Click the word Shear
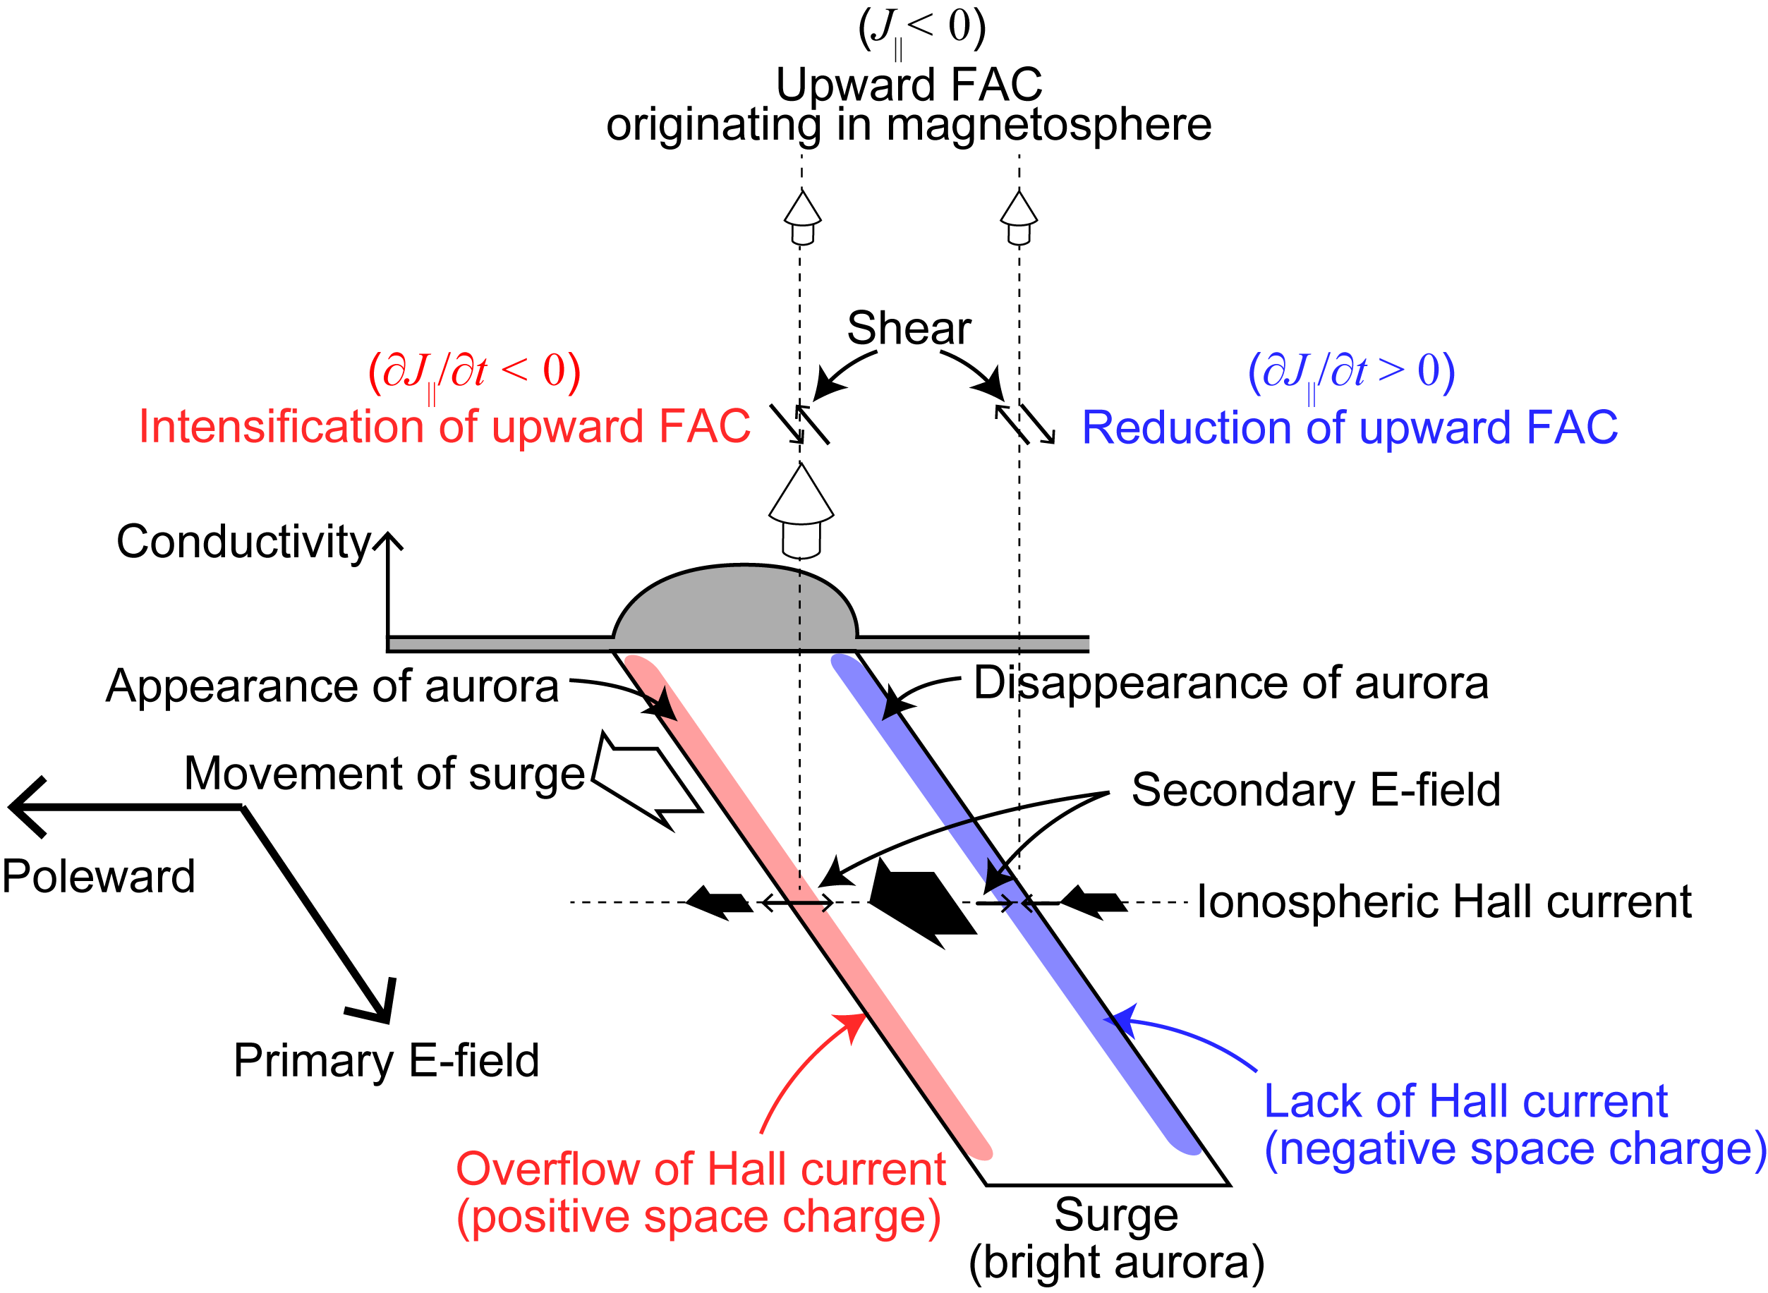[x=909, y=328]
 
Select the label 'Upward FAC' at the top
[x=909, y=84]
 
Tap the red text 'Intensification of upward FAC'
[x=444, y=427]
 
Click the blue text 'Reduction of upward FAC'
[x=1350, y=427]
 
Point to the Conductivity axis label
[x=243, y=541]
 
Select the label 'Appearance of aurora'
[x=332, y=686]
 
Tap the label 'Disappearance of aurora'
[x=1230, y=683]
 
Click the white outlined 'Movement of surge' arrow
[x=646, y=780]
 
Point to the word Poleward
[x=99, y=876]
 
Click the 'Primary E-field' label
[x=387, y=1060]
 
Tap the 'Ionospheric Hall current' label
[x=1445, y=901]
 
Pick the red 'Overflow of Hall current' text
[x=701, y=1170]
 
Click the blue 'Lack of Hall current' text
[x=1465, y=1101]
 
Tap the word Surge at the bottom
[x=1116, y=1215]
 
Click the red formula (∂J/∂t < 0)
[x=474, y=372]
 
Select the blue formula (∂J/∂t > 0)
[x=1352, y=372]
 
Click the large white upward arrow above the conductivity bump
[x=801, y=510]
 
